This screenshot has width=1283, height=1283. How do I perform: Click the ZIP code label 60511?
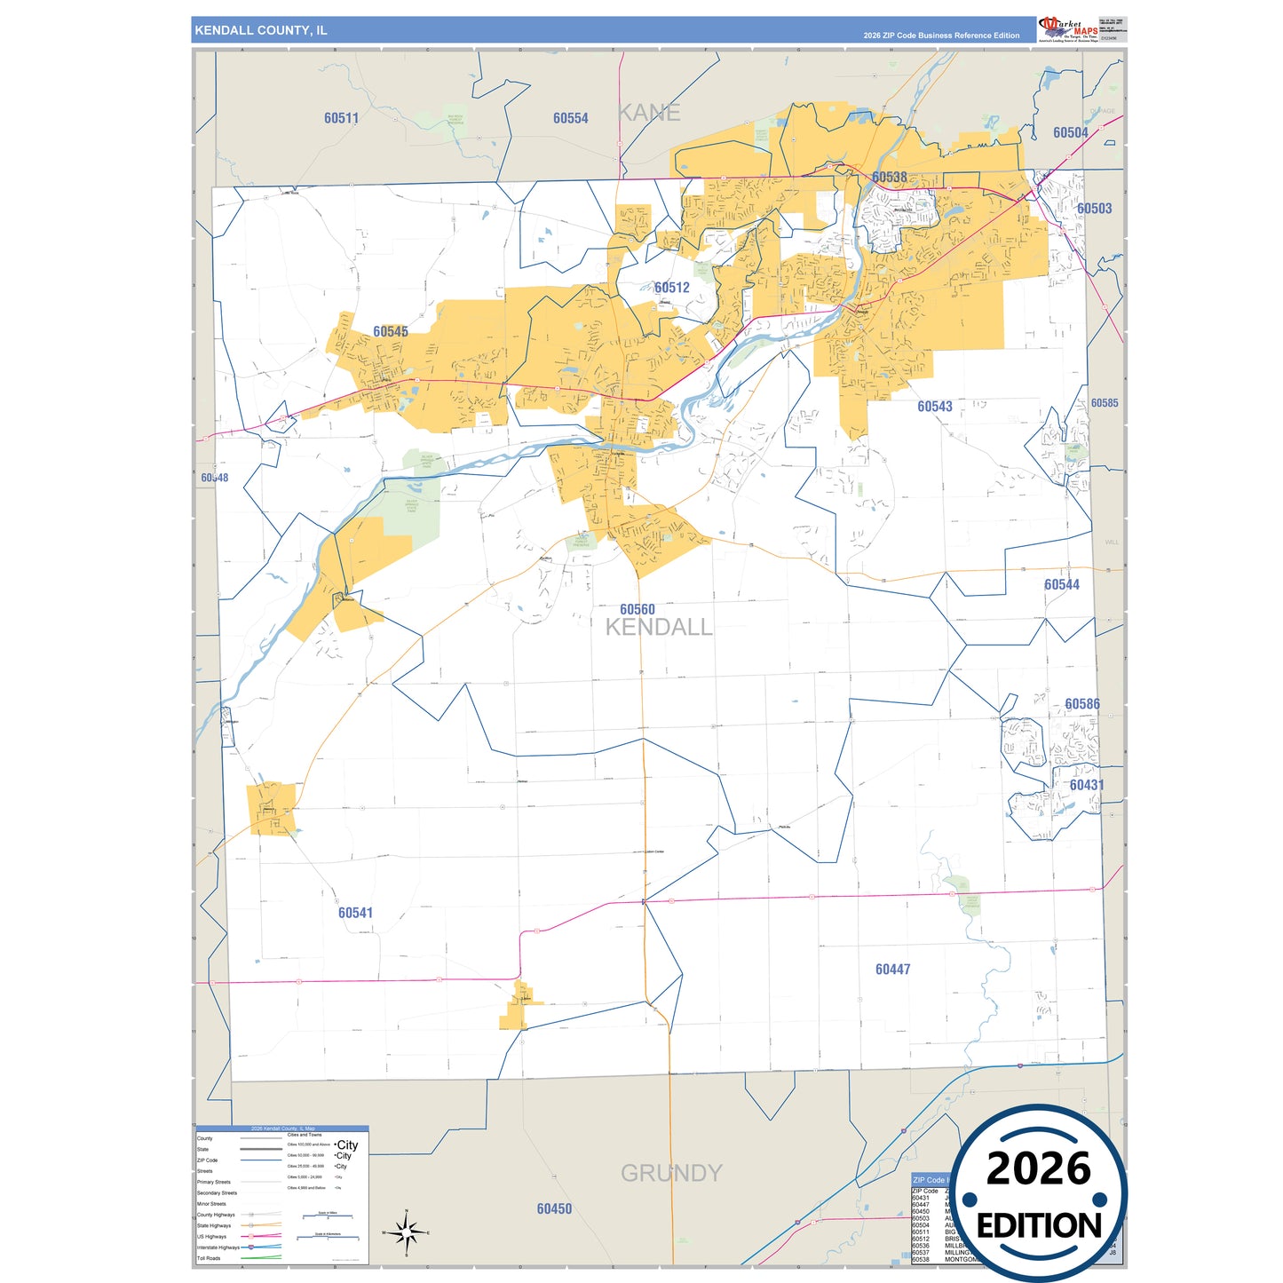pyautogui.click(x=341, y=118)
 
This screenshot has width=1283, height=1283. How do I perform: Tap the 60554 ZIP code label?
pyautogui.click(x=570, y=118)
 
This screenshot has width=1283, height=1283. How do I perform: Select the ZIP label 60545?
pyautogui.click(x=391, y=331)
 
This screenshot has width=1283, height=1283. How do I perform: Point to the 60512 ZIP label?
pyautogui.click(x=671, y=288)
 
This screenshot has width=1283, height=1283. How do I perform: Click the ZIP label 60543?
pyautogui.click(x=934, y=407)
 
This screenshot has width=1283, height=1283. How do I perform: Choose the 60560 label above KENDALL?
pyautogui.click(x=638, y=609)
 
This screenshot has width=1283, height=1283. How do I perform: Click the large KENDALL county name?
pyautogui.click(x=658, y=627)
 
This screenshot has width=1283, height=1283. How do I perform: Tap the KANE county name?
pyautogui.click(x=649, y=113)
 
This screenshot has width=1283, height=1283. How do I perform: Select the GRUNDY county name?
pyautogui.click(x=670, y=1173)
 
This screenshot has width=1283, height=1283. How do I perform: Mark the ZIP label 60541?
pyautogui.click(x=355, y=913)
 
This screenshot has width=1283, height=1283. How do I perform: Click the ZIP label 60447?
pyautogui.click(x=892, y=970)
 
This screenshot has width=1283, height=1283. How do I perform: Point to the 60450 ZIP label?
pyautogui.click(x=554, y=1208)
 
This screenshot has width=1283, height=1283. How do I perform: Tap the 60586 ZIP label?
pyautogui.click(x=1082, y=704)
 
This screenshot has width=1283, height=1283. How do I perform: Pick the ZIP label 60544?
pyautogui.click(x=1062, y=584)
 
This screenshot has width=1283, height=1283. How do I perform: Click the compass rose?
pyautogui.click(x=406, y=1232)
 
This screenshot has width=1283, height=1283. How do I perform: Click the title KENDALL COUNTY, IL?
pyautogui.click(x=261, y=30)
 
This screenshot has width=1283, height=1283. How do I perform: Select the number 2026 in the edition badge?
pyautogui.click(x=1038, y=1168)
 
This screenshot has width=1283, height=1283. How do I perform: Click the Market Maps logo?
pyautogui.click(x=1068, y=28)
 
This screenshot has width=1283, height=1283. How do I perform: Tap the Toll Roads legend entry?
pyautogui.click(x=209, y=1258)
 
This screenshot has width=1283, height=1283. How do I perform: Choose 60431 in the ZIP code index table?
pyautogui.click(x=921, y=1198)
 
